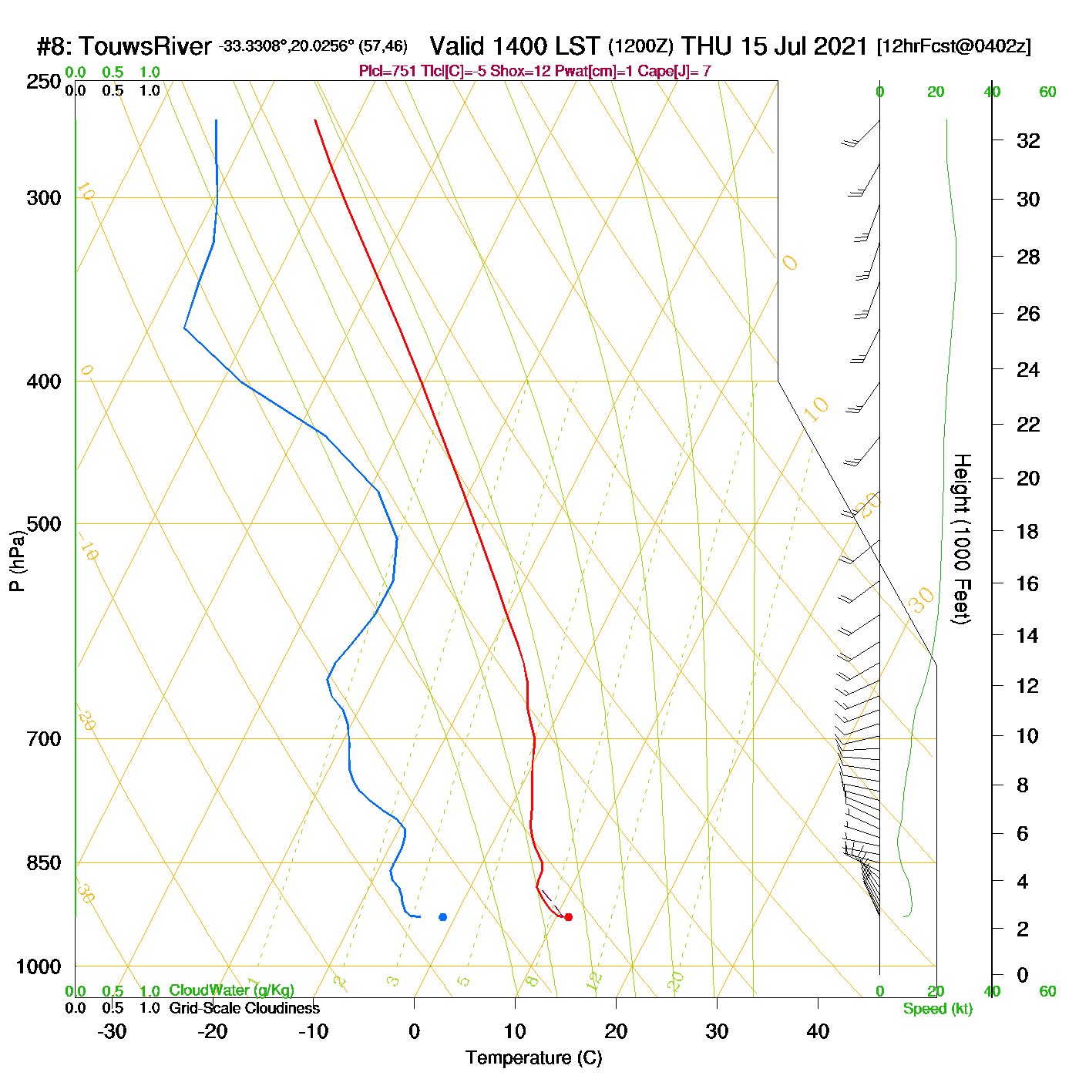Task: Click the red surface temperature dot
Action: point(568,917)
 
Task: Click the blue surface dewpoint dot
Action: point(442,917)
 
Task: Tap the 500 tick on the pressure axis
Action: point(44,524)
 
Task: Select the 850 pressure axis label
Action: point(44,863)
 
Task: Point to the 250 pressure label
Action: point(44,82)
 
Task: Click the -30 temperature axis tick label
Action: point(112,1031)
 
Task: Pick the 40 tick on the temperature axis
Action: point(818,1031)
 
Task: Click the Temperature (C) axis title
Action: point(533,1058)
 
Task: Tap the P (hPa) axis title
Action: point(17,561)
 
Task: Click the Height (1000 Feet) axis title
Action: point(962,539)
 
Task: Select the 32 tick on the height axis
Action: point(1028,140)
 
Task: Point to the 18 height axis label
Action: point(1028,531)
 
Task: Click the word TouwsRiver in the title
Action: point(145,46)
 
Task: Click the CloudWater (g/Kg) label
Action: point(231,990)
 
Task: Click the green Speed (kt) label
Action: point(937,1009)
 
